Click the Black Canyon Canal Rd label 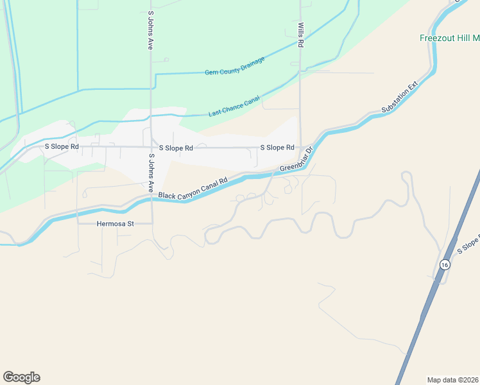193,189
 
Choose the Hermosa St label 115,224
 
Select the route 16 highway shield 444,264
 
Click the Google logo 21,377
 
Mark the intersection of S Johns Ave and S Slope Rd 152,147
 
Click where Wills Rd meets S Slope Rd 300,147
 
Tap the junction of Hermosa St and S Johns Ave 152,223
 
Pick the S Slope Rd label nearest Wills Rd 277,148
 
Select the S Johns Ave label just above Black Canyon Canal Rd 151,173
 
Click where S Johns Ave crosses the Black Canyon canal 152,200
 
